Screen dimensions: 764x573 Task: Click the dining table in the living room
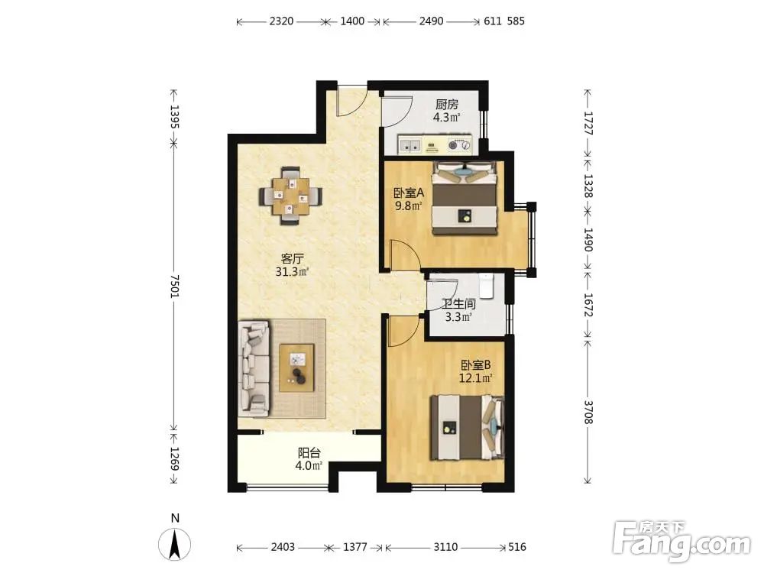290,196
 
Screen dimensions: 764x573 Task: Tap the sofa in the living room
254,368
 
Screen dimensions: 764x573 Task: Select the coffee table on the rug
296,367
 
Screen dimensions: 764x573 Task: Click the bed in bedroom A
465,198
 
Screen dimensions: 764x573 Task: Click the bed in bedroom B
468,427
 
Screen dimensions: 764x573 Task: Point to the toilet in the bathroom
486,286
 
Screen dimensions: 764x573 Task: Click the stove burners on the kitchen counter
460,144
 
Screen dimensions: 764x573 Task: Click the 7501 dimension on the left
174,286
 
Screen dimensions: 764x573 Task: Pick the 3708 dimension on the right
588,413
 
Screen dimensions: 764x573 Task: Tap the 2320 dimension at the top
281,21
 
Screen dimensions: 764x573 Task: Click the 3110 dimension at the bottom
445,547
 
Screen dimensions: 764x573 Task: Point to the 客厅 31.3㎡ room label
293,265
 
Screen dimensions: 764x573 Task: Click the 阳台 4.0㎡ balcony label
309,459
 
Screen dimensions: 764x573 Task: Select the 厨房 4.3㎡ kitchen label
447,111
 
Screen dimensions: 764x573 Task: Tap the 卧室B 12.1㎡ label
475,371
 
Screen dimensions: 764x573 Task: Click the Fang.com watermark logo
681,541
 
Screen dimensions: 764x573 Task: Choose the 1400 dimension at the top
352,21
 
